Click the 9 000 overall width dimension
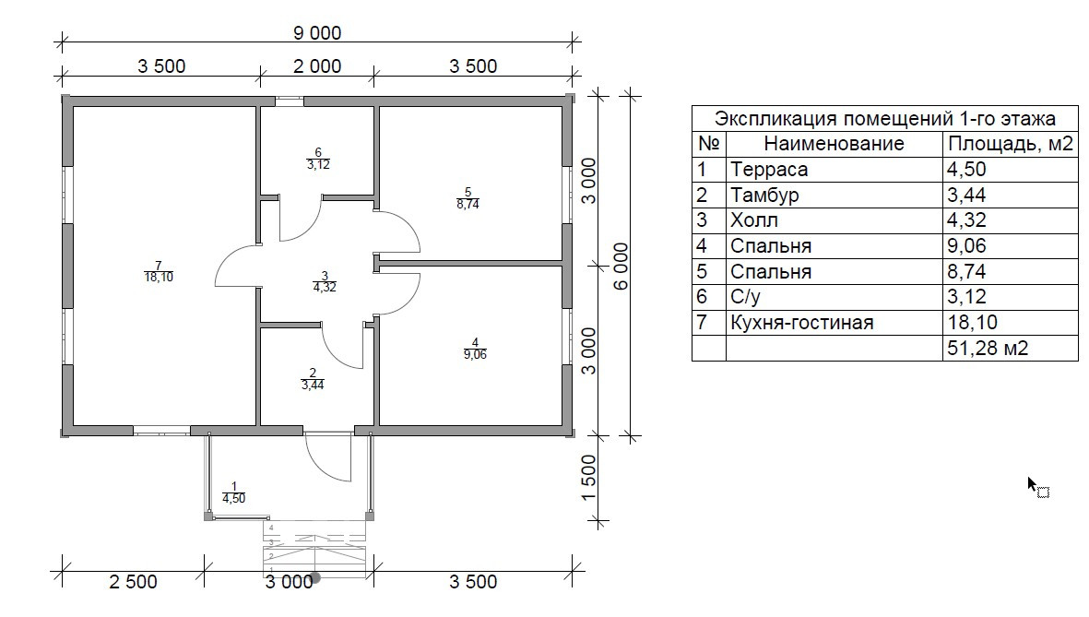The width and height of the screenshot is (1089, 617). coord(317,33)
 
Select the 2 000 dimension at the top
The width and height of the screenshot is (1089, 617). coord(317,66)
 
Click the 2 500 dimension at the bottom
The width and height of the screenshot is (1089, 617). coord(133,582)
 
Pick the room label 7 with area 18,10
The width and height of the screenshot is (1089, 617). coord(159,271)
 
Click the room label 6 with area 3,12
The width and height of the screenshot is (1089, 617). coord(317,159)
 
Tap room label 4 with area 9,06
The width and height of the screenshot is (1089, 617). coord(473,348)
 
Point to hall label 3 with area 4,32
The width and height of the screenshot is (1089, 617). coord(324,280)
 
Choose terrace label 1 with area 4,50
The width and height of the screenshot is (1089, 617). coord(233,492)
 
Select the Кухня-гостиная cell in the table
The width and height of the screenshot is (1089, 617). coord(800,323)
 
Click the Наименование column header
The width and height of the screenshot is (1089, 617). coord(834,144)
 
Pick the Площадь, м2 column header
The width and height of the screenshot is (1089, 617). coord(1010,144)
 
